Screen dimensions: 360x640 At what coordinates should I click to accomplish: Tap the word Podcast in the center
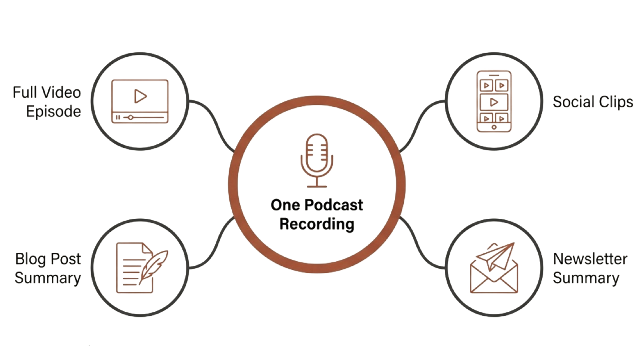334,205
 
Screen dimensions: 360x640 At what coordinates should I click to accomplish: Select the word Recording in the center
317,223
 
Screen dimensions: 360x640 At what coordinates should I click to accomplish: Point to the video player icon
140,101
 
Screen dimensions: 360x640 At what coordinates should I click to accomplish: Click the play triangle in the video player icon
140,96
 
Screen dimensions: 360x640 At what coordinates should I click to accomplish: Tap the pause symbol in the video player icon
118,117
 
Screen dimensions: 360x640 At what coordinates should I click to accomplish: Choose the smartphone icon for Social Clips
494,101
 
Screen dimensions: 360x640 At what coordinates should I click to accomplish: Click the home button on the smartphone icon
494,127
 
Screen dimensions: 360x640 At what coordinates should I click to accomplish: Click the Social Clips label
593,102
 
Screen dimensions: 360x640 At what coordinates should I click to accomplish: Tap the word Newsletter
590,259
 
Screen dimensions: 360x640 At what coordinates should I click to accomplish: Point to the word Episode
53,111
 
